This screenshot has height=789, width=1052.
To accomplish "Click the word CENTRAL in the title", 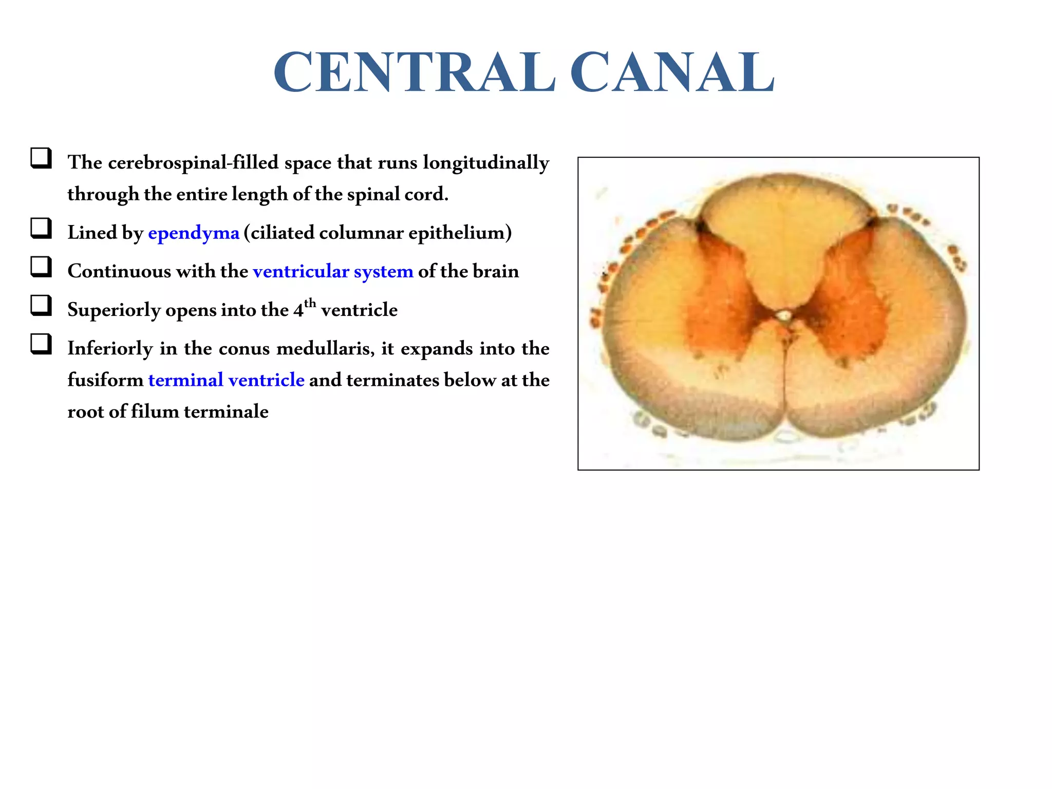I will (x=414, y=72).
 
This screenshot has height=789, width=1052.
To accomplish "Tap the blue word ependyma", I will (x=194, y=233).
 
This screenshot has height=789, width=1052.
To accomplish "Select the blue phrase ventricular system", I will (x=333, y=271).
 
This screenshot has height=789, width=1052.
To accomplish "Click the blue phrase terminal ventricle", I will (x=226, y=380).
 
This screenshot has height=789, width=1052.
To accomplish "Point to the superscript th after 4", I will (x=310, y=303).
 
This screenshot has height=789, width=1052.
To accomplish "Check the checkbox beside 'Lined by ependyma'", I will (x=41, y=229).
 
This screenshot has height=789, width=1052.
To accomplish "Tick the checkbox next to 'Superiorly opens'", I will (x=41, y=306).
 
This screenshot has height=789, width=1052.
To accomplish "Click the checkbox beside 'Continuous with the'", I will (x=41, y=267).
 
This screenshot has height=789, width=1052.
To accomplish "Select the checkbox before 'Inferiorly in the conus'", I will (x=41, y=344).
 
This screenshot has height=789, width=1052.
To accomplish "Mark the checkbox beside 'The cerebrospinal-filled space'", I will (x=41, y=158).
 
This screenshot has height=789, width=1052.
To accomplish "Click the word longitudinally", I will (x=486, y=163).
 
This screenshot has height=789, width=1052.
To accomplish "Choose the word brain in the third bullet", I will (x=496, y=271).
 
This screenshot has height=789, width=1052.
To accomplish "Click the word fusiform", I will (x=105, y=380).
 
